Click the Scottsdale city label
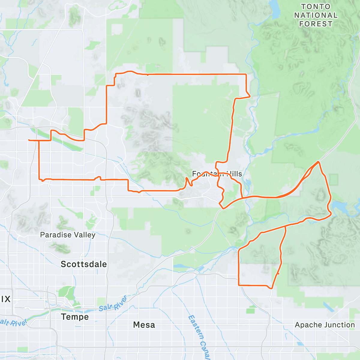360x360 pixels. pos(84,264)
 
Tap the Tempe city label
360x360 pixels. pos(75,317)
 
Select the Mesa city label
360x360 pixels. pos(144,325)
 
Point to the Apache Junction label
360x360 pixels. pos(325,325)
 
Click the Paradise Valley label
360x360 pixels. pos(68,235)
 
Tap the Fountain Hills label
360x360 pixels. pos(217,174)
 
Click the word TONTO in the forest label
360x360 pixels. pos(316,7)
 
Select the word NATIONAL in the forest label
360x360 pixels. pos(316,15)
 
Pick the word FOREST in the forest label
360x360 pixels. pos(316,24)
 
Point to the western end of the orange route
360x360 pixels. pos(28,140)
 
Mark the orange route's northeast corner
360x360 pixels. pos(246,74)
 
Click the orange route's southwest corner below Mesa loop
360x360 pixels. pos(239,285)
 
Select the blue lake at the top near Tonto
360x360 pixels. pos(274,9)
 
